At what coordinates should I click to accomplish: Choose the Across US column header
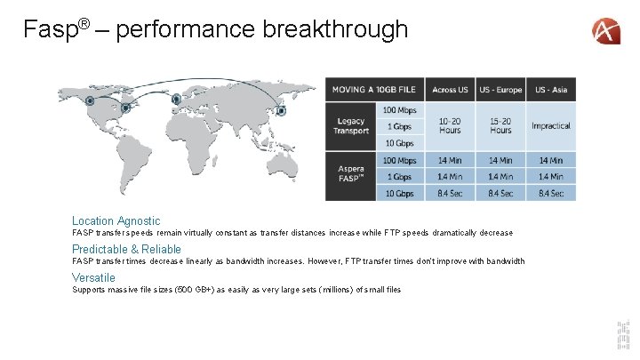(x=450, y=89)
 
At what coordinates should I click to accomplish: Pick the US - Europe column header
(x=500, y=89)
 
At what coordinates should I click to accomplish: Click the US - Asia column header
(x=551, y=89)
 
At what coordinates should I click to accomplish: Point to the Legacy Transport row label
(x=351, y=126)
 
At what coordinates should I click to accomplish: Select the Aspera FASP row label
(x=351, y=175)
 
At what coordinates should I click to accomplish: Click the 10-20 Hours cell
(x=450, y=126)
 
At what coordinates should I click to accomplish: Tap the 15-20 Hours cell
(x=500, y=126)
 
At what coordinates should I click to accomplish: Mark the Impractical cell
(x=551, y=126)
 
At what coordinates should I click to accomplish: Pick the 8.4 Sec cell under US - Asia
(x=551, y=193)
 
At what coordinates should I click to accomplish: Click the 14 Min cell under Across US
(x=450, y=161)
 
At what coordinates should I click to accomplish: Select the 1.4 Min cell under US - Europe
(x=500, y=177)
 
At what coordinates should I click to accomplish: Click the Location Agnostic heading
(x=116, y=220)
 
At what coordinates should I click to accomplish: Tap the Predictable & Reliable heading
(x=126, y=250)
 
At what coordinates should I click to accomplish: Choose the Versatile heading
(x=93, y=277)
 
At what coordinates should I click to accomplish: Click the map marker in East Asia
(x=281, y=110)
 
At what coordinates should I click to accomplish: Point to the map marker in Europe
(x=176, y=99)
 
